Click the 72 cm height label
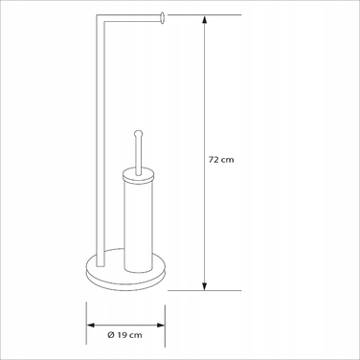[x=221, y=160]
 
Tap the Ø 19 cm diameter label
[x=124, y=335]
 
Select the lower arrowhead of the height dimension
[x=205, y=286]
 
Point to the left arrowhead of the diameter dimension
[x=91, y=326]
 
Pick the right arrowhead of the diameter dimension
[x=161, y=326]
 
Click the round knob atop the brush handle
[x=138, y=133]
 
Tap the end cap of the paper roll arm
[x=162, y=17]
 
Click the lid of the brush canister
[x=138, y=176]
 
